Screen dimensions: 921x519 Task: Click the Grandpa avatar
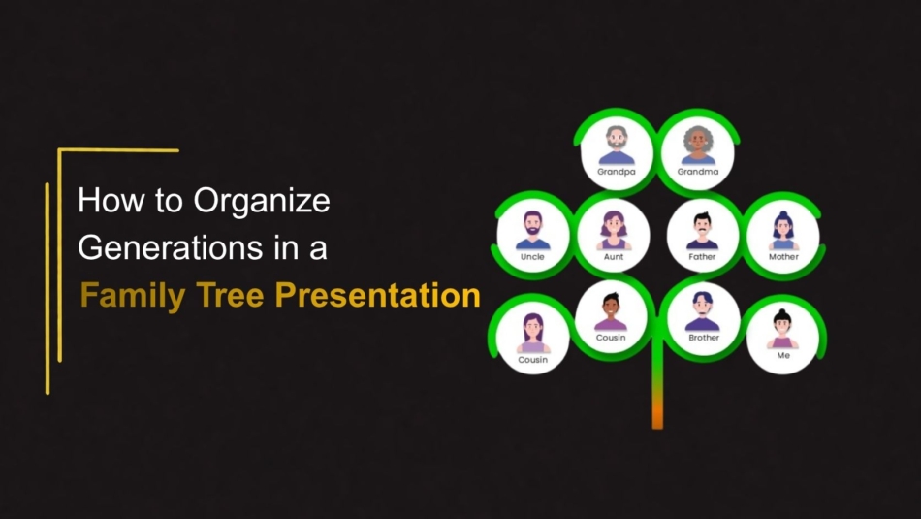click(617, 146)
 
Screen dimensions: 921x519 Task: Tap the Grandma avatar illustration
click(698, 146)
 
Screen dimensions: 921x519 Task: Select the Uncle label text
click(532, 257)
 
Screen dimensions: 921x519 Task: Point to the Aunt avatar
click(614, 231)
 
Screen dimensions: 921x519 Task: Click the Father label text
click(702, 257)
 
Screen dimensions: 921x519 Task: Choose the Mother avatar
click(783, 231)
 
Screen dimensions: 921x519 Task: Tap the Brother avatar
click(703, 311)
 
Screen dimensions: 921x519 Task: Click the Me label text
click(783, 356)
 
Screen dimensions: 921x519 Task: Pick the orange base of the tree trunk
click(657, 415)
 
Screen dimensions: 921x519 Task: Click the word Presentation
click(378, 295)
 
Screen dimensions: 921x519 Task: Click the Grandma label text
click(698, 172)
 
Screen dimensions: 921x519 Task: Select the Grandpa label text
click(617, 172)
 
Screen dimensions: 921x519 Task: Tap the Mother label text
click(783, 257)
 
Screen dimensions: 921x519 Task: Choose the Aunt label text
click(614, 257)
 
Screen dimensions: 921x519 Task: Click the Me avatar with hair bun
click(782, 329)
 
